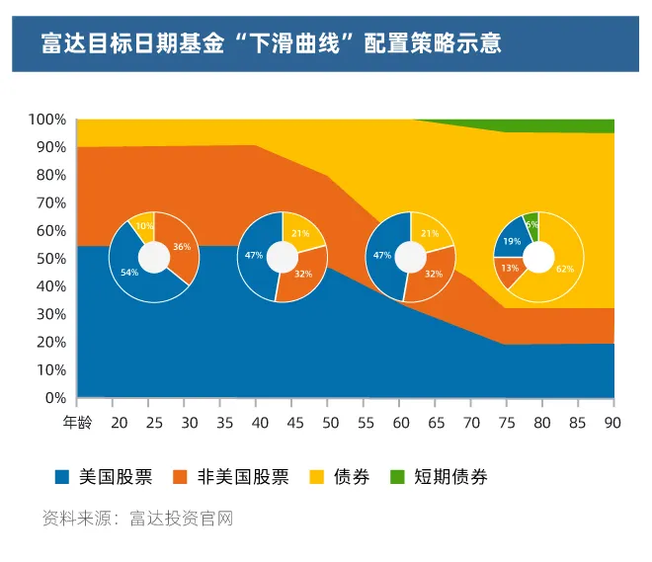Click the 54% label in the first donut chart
pyautogui.click(x=127, y=271)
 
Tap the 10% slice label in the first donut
pyautogui.click(x=145, y=226)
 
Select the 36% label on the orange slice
pyautogui.click(x=182, y=247)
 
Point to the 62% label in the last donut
pyautogui.click(x=564, y=268)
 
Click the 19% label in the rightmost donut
pyautogui.click(x=512, y=241)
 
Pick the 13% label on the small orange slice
pyautogui.click(x=510, y=268)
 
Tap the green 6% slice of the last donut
pyautogui.click(x=531, y=223)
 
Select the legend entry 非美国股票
pyautogui.click(x=243, y=477)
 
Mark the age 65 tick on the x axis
pyautogui.click(x=436, y=422)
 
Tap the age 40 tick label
pyautogui.click(x=256, y=422)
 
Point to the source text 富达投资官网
pyautogui.click(x=181, y=519)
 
